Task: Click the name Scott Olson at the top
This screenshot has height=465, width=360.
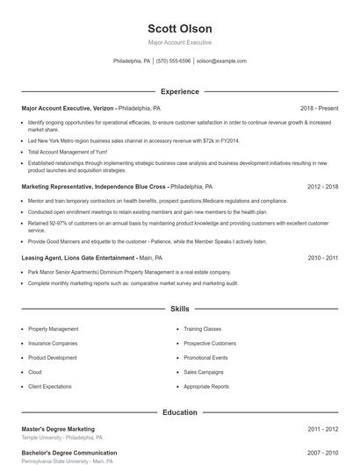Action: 179,28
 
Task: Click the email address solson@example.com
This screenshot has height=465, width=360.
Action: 221,61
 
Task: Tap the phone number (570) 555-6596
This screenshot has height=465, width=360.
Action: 174,61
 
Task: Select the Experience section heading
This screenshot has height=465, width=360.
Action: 179,91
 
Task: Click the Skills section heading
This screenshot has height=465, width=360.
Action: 179,309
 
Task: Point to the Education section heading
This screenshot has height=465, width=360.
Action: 179,411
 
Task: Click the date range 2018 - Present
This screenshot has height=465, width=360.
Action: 319,108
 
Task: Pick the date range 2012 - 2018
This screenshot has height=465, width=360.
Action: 322,187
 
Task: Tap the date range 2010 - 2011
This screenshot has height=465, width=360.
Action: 322,258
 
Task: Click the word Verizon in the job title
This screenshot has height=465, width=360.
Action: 104,108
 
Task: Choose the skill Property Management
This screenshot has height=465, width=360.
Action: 53,329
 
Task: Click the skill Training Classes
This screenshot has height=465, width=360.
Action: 203,329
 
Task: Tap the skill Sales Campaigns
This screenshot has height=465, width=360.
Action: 204,372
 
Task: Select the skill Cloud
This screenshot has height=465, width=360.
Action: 34,372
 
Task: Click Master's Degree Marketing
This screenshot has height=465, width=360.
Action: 58,429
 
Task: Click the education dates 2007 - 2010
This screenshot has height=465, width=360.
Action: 322,454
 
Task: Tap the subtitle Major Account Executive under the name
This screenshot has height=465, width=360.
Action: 179,42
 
